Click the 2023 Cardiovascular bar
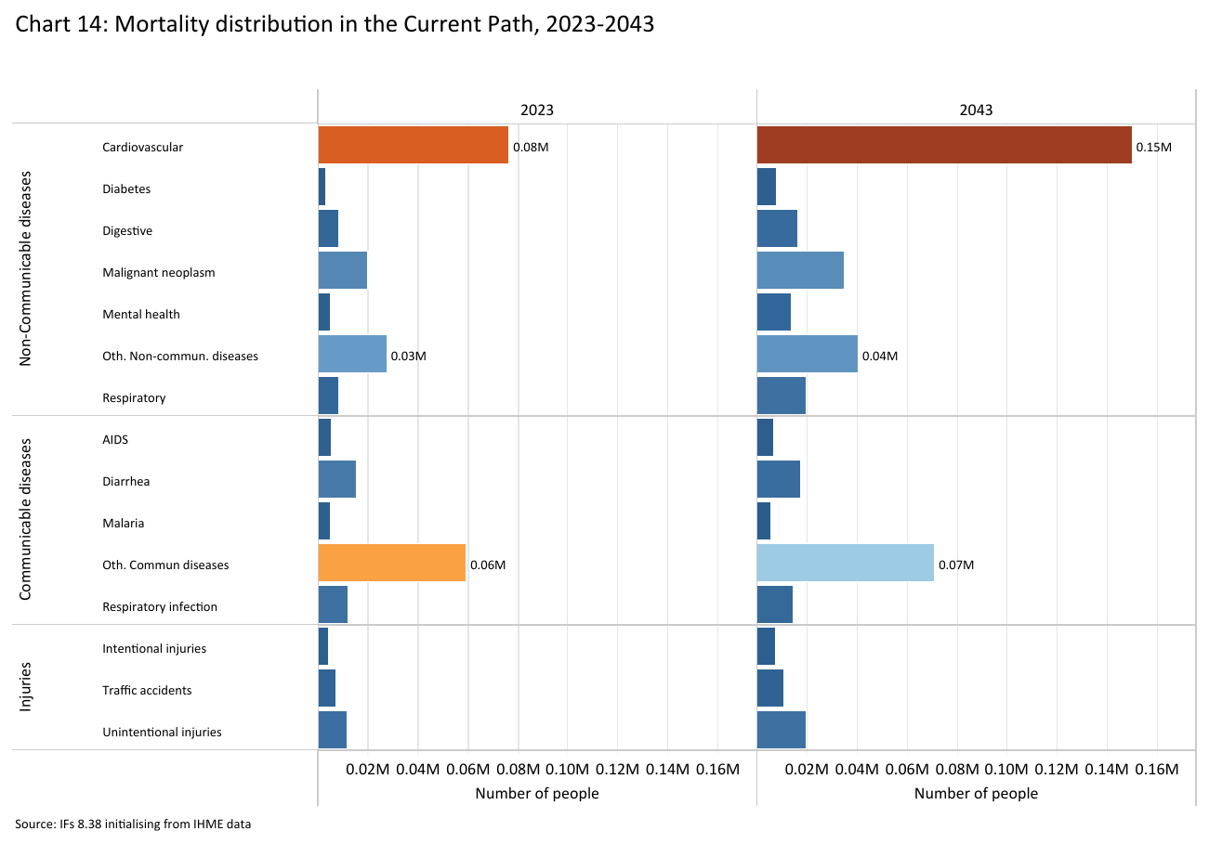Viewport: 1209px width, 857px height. tap(413, 146)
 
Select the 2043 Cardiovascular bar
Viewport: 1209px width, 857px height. tap(944, 146)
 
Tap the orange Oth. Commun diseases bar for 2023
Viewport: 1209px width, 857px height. tap(391, 564)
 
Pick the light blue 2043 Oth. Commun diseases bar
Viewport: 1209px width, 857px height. tap(845, 564)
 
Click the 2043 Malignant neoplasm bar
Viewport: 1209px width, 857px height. tap(800, 271)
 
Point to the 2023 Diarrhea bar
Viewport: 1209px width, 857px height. tap(336, 480)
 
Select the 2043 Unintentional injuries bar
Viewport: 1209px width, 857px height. tap(781, 731)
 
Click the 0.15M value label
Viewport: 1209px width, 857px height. tap(1153, 148)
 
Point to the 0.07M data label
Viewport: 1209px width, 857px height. tap(955, 565)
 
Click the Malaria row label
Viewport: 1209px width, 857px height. tap(123, 523)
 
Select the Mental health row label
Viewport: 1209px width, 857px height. tap(141, 314)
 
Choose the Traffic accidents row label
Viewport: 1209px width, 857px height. tap(147, 690)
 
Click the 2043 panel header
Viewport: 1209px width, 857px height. tap(976, 110)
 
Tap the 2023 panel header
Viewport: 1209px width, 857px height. tap(536, 110)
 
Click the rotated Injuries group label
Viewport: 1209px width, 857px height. tap(26, 687)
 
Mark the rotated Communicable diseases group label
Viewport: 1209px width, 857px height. tap(26, 519)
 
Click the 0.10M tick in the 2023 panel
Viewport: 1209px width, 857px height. tap(567, 770)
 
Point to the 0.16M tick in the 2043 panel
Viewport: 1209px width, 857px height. tap(1156, 770)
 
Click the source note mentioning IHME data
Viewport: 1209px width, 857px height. tap(133, 824)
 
